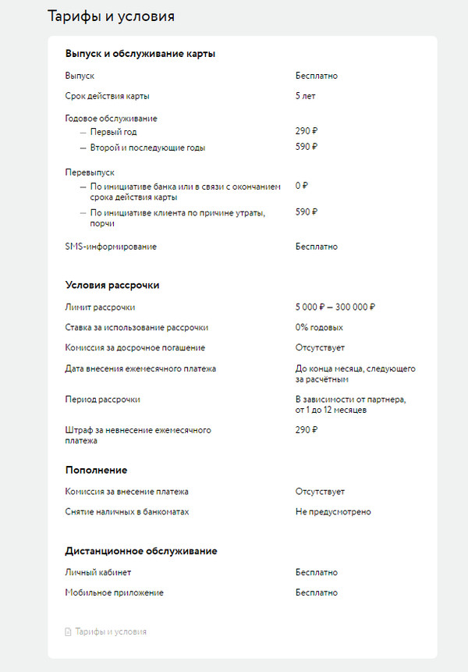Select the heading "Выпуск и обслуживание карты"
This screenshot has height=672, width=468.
(140, 54)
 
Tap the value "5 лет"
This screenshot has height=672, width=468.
(305, 96)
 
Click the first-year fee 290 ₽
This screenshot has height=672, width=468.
(307, 132)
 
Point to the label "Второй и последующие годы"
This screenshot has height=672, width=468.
(147, 148)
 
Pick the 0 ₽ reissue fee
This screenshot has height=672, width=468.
(302, 186)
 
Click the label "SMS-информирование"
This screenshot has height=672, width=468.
(111, 247)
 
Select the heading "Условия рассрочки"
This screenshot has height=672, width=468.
(112, 285)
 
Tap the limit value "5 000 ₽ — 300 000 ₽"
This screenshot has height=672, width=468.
(335, 308)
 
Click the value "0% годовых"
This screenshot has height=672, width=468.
(319, 328)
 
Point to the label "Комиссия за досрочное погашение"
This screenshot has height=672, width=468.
(135, 348)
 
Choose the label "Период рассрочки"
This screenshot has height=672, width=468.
(103, 400)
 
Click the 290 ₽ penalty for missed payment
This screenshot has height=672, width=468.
(307, 430)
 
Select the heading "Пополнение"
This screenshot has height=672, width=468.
(96, 470)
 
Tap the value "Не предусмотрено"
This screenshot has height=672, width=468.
(333, 512)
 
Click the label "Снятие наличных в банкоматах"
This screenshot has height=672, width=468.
(126, 512)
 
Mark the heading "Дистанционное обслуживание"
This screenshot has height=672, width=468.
(141, 551)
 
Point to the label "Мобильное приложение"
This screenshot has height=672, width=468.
(114, 593)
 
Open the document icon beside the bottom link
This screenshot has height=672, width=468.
(68, 632)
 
